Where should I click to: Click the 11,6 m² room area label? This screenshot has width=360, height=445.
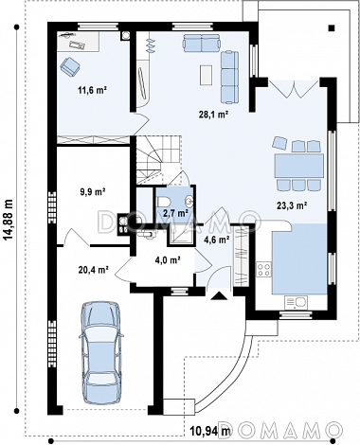[92, 91]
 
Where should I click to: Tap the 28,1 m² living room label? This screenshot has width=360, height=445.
[213, 115]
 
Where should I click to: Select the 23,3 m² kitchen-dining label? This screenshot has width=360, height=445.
[292, 206]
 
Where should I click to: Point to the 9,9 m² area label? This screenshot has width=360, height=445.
[93, 191]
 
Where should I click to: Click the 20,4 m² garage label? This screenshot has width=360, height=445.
[94, 270]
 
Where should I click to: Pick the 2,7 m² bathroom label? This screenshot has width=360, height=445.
[175, 213]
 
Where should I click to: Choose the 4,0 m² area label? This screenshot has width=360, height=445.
[168, 260]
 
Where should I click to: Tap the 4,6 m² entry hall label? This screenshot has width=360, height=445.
[216, 240]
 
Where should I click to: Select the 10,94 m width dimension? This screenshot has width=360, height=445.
[210, 430]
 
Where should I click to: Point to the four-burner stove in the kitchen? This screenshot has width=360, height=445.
[263, 270]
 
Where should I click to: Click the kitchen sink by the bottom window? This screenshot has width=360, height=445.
[296, 302]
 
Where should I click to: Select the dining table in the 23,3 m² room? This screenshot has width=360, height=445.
[298, 166]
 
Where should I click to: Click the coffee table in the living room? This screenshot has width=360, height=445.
[206, 75]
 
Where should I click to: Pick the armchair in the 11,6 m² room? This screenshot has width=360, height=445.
[70, 66]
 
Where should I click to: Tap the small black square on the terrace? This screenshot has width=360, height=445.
[332, 28]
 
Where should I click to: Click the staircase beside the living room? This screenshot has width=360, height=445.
[157, 160]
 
